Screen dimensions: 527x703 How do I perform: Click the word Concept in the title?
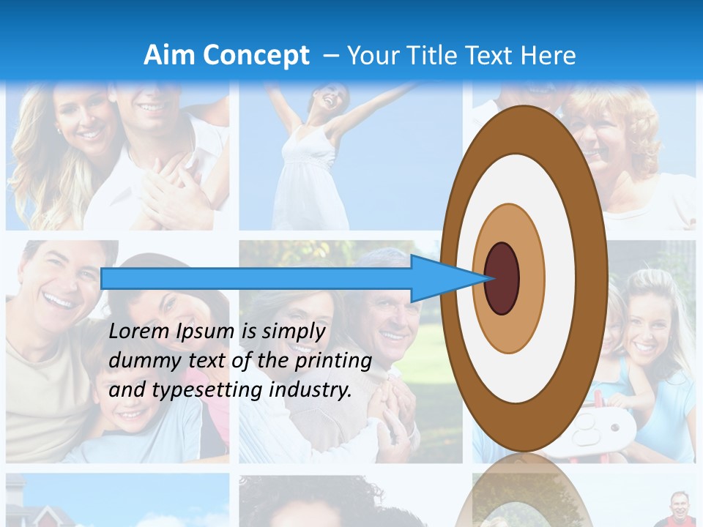(256, 55)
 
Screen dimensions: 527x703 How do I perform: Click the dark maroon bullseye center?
(502, 278)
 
